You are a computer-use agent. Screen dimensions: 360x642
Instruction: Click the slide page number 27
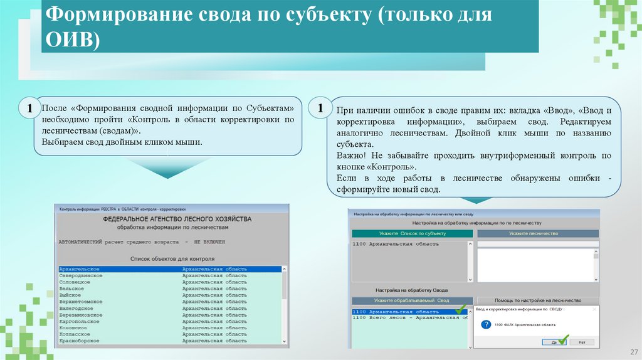pyautogui.click(x=633, y=351)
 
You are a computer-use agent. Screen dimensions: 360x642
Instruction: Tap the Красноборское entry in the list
pyautogui.click(x=78, y=341)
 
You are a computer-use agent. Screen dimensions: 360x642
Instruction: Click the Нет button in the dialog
pyautogui.click(x=581, y=342)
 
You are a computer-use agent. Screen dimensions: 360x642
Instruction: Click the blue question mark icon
pyautogui.click(x=485, y=324)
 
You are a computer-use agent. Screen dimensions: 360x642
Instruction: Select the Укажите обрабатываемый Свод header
pyautogui.click(x=412, y=300)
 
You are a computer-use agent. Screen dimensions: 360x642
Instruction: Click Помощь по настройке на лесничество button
pyautogui.click(x=537, y=300)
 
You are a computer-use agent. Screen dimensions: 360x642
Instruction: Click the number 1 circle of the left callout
pyautogui.click(x=29, y=109)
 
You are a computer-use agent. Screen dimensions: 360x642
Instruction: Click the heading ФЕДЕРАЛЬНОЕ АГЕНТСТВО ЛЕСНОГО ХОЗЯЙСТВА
pyautogui.click(x=176, y=219)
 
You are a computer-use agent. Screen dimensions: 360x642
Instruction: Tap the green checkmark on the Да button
pyautogui.click(x=562, y=340)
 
